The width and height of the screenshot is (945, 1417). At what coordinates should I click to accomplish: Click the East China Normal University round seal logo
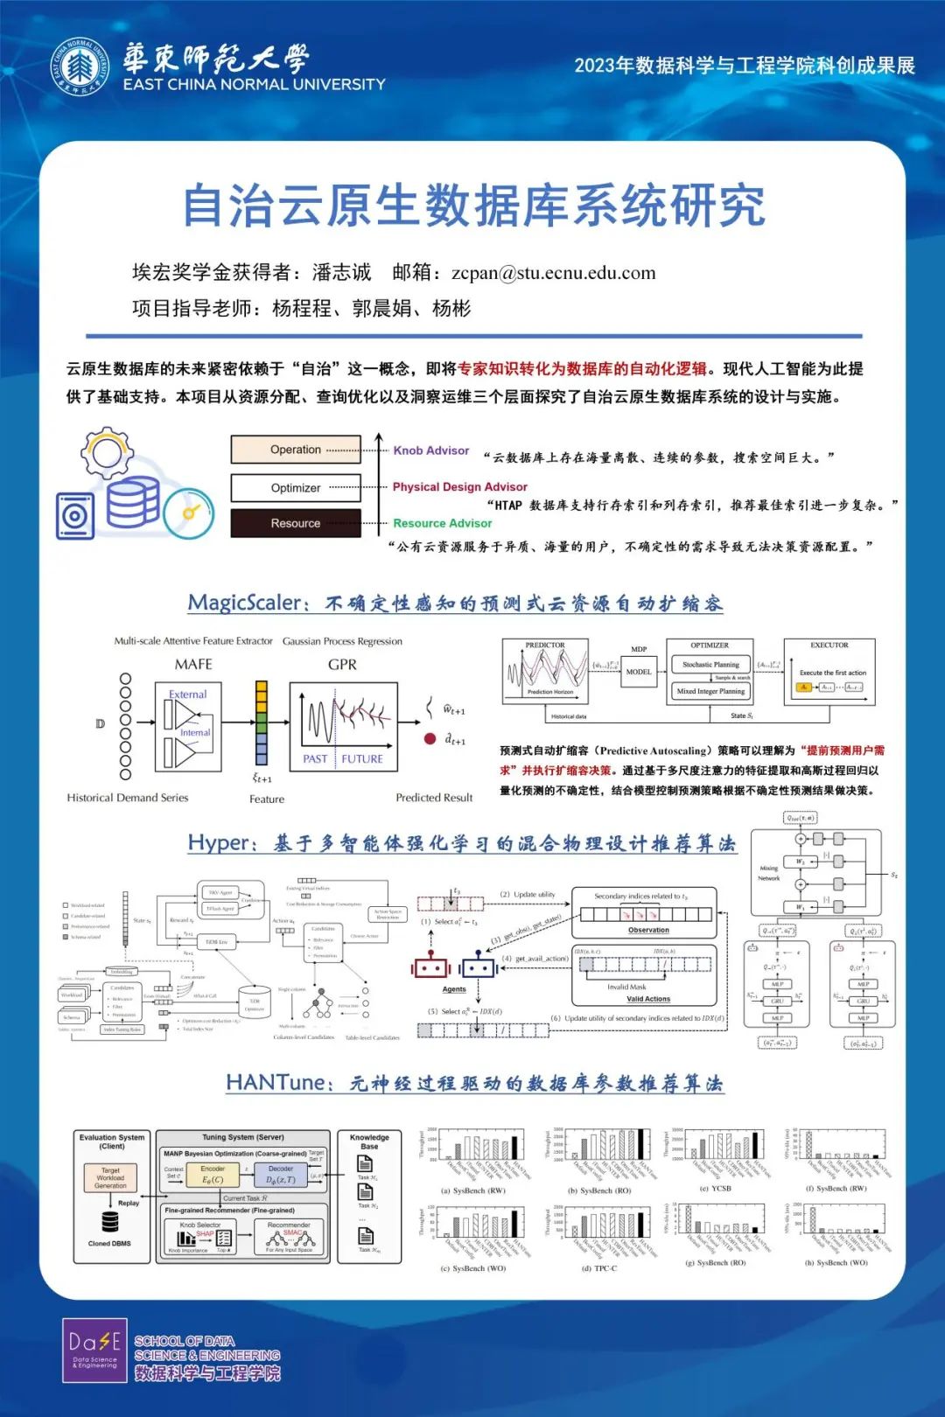pos(80,67)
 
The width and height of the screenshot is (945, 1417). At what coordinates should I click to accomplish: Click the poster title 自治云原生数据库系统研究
pos(473,206)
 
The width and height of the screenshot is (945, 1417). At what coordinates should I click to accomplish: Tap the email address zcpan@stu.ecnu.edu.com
pos(553,273)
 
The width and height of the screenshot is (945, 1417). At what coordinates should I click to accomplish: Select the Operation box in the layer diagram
pos(296,450)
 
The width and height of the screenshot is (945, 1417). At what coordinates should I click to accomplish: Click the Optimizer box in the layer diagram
pos(296,488)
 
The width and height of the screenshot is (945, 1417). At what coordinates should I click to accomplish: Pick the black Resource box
pos(296,523)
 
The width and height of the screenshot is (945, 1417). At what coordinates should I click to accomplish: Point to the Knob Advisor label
pos(430,450)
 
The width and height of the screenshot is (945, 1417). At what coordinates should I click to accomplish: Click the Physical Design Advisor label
pos(459,487)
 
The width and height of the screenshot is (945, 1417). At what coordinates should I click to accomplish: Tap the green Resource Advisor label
pos(442,523)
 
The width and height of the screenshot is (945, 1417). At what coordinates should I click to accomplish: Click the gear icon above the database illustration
pos(107,451)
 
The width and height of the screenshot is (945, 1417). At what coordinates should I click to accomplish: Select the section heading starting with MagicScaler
pos(455,604)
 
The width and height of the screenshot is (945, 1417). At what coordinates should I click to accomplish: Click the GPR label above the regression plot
pos(342,665)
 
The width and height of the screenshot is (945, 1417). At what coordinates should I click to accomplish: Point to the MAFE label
pos(193,665)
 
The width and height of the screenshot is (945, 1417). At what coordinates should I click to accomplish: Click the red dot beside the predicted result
pos(430,738)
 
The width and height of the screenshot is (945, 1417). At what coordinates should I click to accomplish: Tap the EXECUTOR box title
pos(829,646)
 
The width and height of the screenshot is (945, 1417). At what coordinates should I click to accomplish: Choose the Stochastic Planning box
pos(709,665)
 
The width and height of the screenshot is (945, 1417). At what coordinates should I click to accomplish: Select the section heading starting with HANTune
pos(474,1084)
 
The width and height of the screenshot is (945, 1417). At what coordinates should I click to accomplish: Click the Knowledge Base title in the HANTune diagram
pos(369,1141)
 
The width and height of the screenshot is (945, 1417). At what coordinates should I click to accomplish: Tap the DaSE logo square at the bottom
pos(94,1350)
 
